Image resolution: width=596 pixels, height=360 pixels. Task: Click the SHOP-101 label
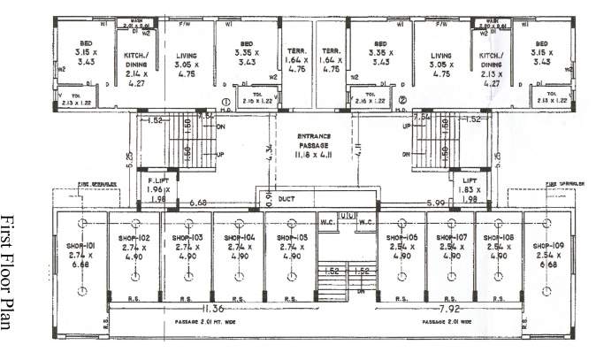80,238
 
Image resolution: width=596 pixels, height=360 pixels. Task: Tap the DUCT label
287,200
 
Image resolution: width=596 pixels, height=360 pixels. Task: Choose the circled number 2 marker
401,102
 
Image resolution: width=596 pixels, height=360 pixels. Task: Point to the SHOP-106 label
398,238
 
